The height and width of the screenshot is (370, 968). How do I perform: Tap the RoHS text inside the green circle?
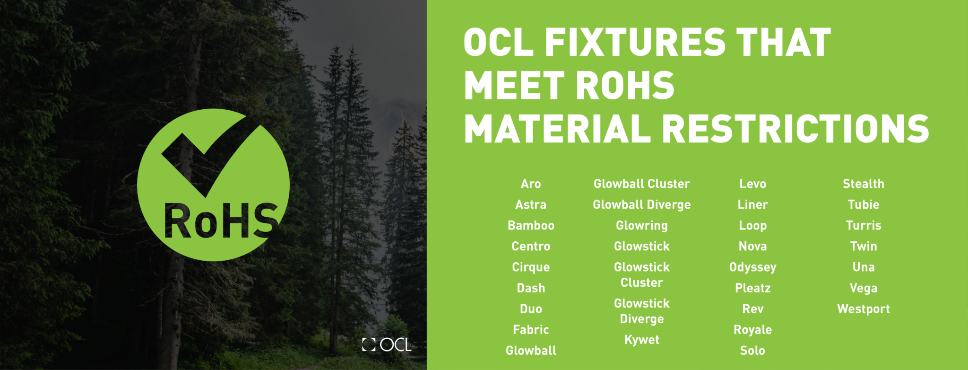[220, 221]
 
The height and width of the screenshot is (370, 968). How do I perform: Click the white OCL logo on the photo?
[387, 344]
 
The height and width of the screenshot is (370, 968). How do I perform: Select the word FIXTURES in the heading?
[635, 43]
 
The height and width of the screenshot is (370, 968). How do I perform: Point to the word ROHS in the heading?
[625, 86]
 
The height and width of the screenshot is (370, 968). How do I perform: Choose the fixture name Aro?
[531, 184]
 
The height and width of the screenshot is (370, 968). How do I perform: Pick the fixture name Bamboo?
[531, 226]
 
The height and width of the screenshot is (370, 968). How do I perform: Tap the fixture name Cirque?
[531, 267]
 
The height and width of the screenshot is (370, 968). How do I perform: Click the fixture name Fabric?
[531, 330]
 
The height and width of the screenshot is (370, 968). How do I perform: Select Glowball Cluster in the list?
[641, 184]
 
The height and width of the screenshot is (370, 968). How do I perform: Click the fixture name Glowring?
[641, 226]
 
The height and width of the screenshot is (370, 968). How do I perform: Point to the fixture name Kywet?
[641, 340]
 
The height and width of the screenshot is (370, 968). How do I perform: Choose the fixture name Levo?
[752, 184]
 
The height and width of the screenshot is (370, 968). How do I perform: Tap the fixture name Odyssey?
[752, 267]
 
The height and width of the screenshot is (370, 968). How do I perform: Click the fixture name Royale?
[752, 330]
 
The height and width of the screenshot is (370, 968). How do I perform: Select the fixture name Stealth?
[863, 184]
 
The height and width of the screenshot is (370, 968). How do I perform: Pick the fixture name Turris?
[863, 226]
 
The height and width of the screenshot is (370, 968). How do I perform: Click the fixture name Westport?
[863, 309]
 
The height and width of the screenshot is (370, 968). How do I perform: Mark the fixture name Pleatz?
[752, 288]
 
